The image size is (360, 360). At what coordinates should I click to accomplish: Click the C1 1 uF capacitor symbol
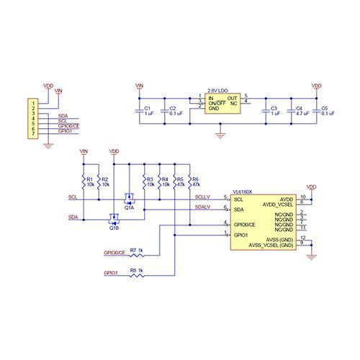click(x=139, y=111)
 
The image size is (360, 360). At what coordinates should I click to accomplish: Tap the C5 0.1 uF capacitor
click(x=315, y=111)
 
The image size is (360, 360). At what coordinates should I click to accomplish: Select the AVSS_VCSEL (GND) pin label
click(x=271, y=245)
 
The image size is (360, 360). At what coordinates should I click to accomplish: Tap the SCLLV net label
click(x=202, y=196)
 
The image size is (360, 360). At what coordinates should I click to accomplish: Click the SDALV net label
click(x=202, y=207)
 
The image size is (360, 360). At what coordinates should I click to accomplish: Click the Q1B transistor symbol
click(x=114, y=218)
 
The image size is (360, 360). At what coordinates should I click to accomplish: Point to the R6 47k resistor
click(x=189, y=181)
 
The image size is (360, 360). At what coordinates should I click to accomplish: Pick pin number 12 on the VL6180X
click(x=303, y=238)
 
